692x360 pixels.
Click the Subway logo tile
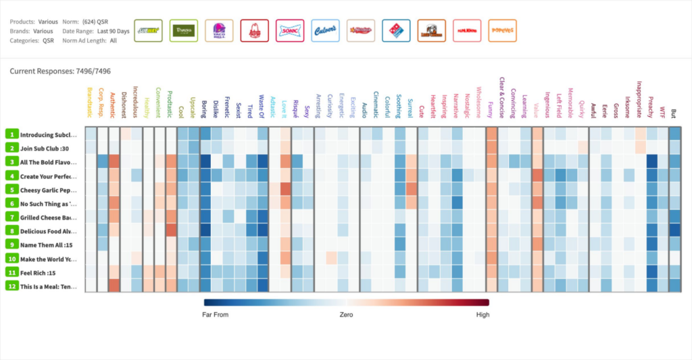tap(148, 30)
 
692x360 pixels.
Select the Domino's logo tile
tap(396, 30)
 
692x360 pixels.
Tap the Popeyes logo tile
tap(502, 30)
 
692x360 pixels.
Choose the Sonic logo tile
tap(290, 30)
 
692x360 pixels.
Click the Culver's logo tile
tap(325, 30)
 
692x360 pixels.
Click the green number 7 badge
tap(11, 217)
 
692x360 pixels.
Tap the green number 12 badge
tap(11, 286)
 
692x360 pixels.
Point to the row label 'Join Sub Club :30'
tap(47, 148)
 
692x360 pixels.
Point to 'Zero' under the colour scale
tap(346, 315)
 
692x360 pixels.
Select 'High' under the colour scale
tap(482, 315)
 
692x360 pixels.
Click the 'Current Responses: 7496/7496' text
tap(60, 71)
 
